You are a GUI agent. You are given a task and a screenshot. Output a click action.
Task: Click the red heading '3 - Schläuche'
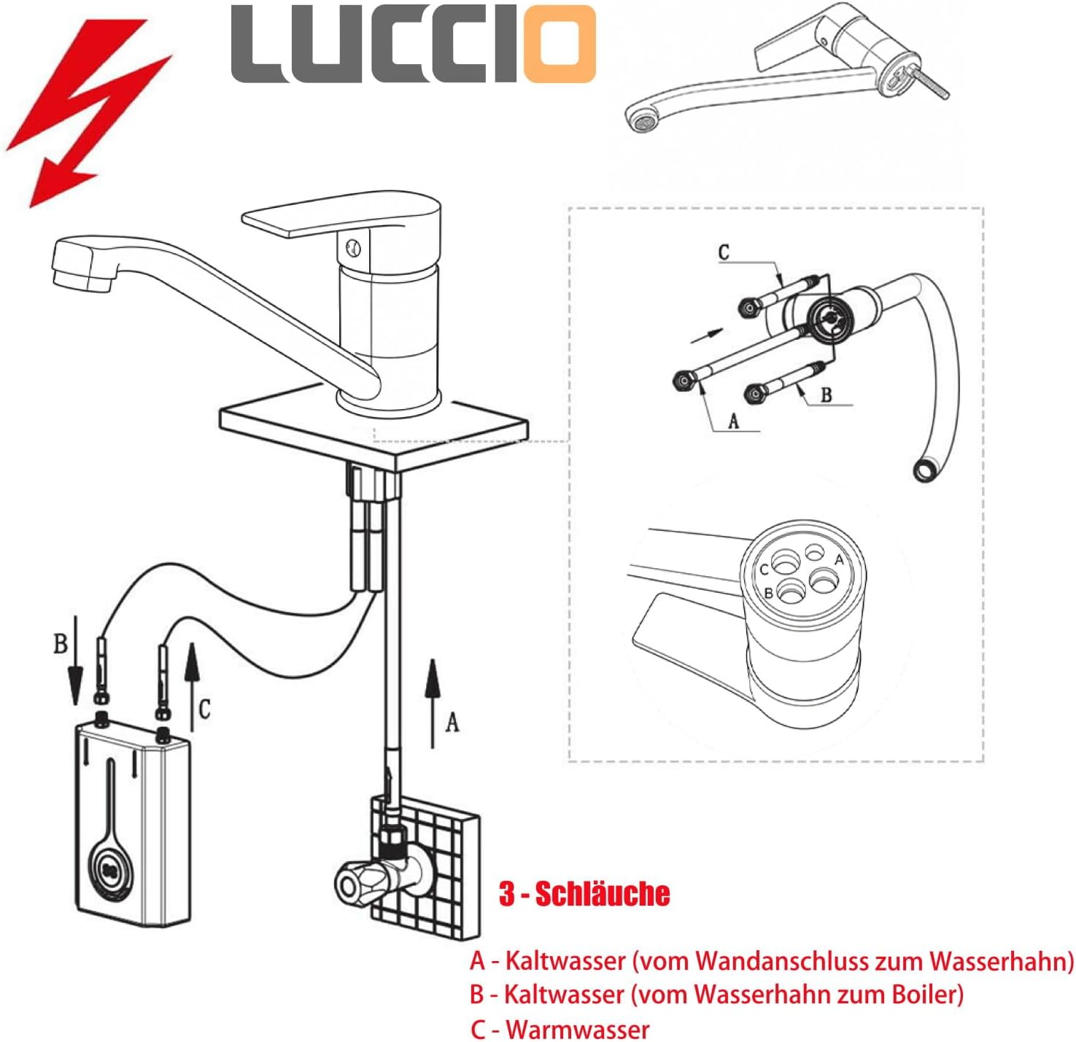tap(584, 894)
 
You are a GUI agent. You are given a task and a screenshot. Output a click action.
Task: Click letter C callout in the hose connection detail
tap(724, 252)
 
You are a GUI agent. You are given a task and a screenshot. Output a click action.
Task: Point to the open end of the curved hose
tap(923, 471)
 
